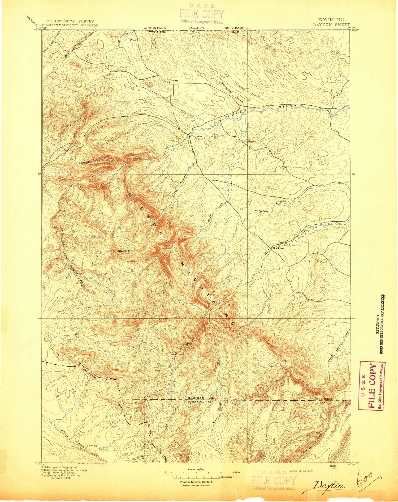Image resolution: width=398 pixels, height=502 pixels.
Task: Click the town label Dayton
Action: coord(197,136)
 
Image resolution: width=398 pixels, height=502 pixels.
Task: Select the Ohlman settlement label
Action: coord(172,80)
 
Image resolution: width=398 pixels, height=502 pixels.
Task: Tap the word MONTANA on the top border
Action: coord(157,28)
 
